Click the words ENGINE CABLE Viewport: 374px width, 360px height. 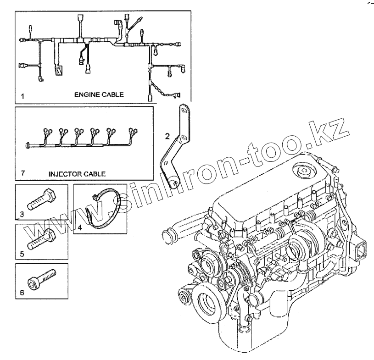tap(99, 95)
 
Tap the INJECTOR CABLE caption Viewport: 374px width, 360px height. tap(77, 174)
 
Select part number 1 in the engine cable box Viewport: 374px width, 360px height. tap(22, 97)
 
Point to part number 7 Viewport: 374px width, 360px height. tap(23, 173)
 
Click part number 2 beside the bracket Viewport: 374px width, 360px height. tap(167, 135)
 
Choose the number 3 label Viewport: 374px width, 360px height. tap(22, 214)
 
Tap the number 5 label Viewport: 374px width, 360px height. tap(22, 253)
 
